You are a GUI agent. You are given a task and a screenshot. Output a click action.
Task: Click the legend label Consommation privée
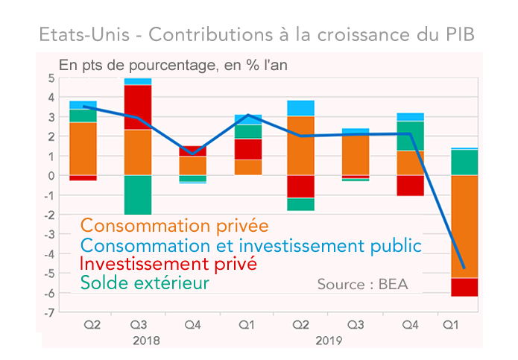pos(174,225)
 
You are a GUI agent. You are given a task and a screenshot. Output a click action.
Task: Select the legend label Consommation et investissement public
pos(250,245)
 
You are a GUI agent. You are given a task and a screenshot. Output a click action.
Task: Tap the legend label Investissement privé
pos(168,264)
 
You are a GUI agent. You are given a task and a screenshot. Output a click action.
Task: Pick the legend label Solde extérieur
pos(145,283)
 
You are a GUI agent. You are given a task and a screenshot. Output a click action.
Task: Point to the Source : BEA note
pos(363,285)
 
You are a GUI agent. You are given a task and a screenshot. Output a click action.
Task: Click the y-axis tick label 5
pos(51,78)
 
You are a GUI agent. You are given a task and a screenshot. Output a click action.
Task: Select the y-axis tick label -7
pos(49,312)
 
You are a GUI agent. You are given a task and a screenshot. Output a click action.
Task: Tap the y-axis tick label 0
pos(51,176)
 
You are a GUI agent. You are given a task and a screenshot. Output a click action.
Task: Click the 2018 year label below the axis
pos(146,341)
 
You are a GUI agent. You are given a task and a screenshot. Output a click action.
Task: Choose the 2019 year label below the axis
pos(329,341)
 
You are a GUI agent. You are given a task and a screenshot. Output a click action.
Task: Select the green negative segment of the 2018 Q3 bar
pos(138,195)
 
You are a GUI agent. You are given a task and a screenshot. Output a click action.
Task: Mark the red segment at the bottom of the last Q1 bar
pos(464,287)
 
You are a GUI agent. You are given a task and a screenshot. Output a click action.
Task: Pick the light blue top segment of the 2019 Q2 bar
pos(300,108)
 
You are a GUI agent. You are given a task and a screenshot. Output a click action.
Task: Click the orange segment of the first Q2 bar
pos(83,148)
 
